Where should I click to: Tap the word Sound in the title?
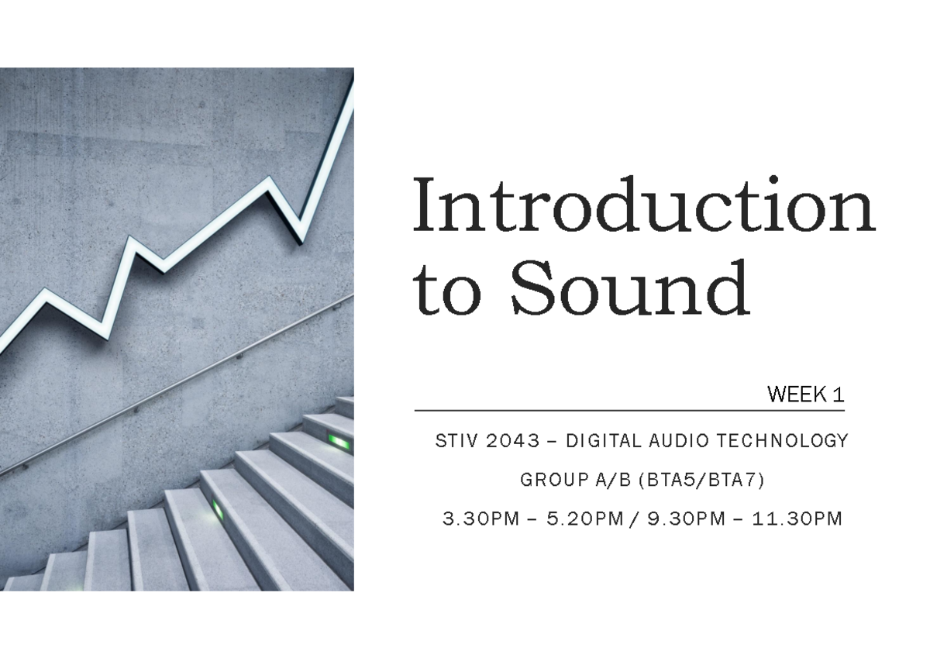(629, 288)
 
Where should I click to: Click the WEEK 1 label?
(805, 394)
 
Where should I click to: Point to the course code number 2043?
(511, 441)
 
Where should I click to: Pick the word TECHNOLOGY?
(783, 441)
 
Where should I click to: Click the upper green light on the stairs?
(339, 441)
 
